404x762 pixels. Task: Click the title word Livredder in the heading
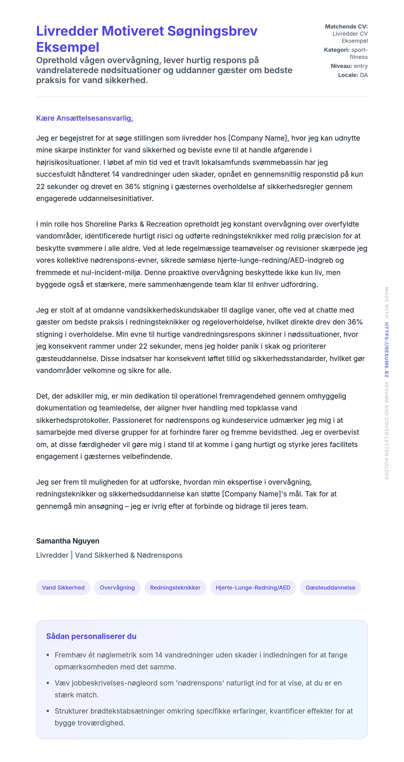[67, 31]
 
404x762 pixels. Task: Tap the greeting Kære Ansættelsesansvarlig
[84, 118]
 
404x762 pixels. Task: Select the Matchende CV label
[346, 27]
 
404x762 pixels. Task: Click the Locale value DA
[364, 75]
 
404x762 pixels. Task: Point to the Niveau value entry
[361, 66]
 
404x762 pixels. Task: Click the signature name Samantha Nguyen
[67, 541]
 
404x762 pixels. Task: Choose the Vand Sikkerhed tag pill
[63, 587]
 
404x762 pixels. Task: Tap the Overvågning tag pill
[117, 587]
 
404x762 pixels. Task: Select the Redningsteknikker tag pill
[175, 587]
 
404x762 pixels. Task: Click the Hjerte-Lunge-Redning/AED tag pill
[253, 587]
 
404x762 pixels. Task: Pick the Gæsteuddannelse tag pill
[330, 587]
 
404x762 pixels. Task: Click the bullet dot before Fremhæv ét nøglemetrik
[48, 655]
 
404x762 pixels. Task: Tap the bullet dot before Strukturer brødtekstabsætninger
[48, 711]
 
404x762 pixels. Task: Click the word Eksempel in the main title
[67, 47]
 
